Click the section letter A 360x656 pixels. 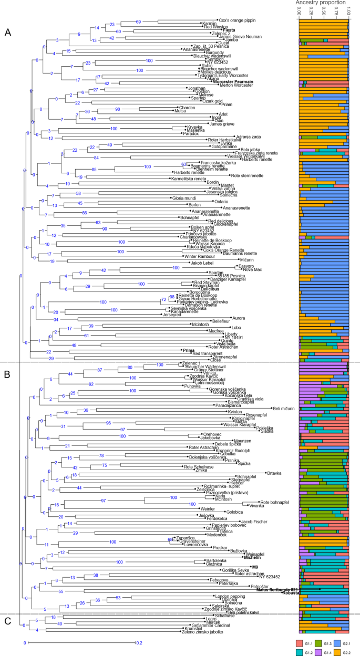(x=8, y=33)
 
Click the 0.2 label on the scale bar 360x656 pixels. (x=138, y=642)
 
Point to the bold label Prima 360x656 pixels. (x=188, y=350)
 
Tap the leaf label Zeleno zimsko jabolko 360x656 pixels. (x=207, y=631)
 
